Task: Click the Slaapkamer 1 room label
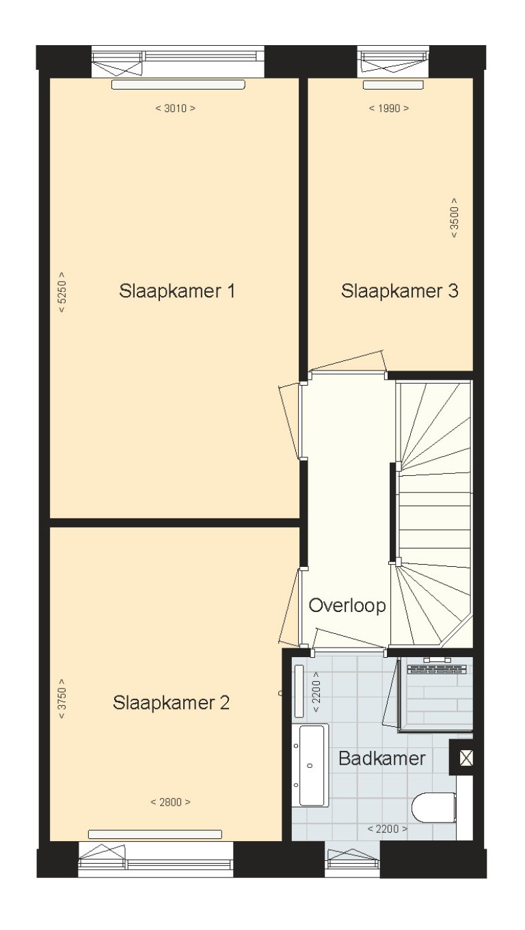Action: click(x=177, y=291)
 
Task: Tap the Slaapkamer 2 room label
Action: click(x=172, y=702)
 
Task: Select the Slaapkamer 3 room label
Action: click(x=399, y=291)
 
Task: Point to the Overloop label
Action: click(x=347, y=605)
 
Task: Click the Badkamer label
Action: click(x=382, y=758)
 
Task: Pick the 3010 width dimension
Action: click(x=176, y=108)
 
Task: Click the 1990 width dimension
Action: click(x=389, y=108)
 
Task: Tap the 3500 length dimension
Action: click(x=454, y=217)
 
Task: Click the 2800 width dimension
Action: click(x=170, y=802)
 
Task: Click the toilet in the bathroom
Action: click(x=434, y=808)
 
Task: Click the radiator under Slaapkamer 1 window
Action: click(x=178, y=85)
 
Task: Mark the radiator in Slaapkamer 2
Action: click(x=155, y=834)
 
